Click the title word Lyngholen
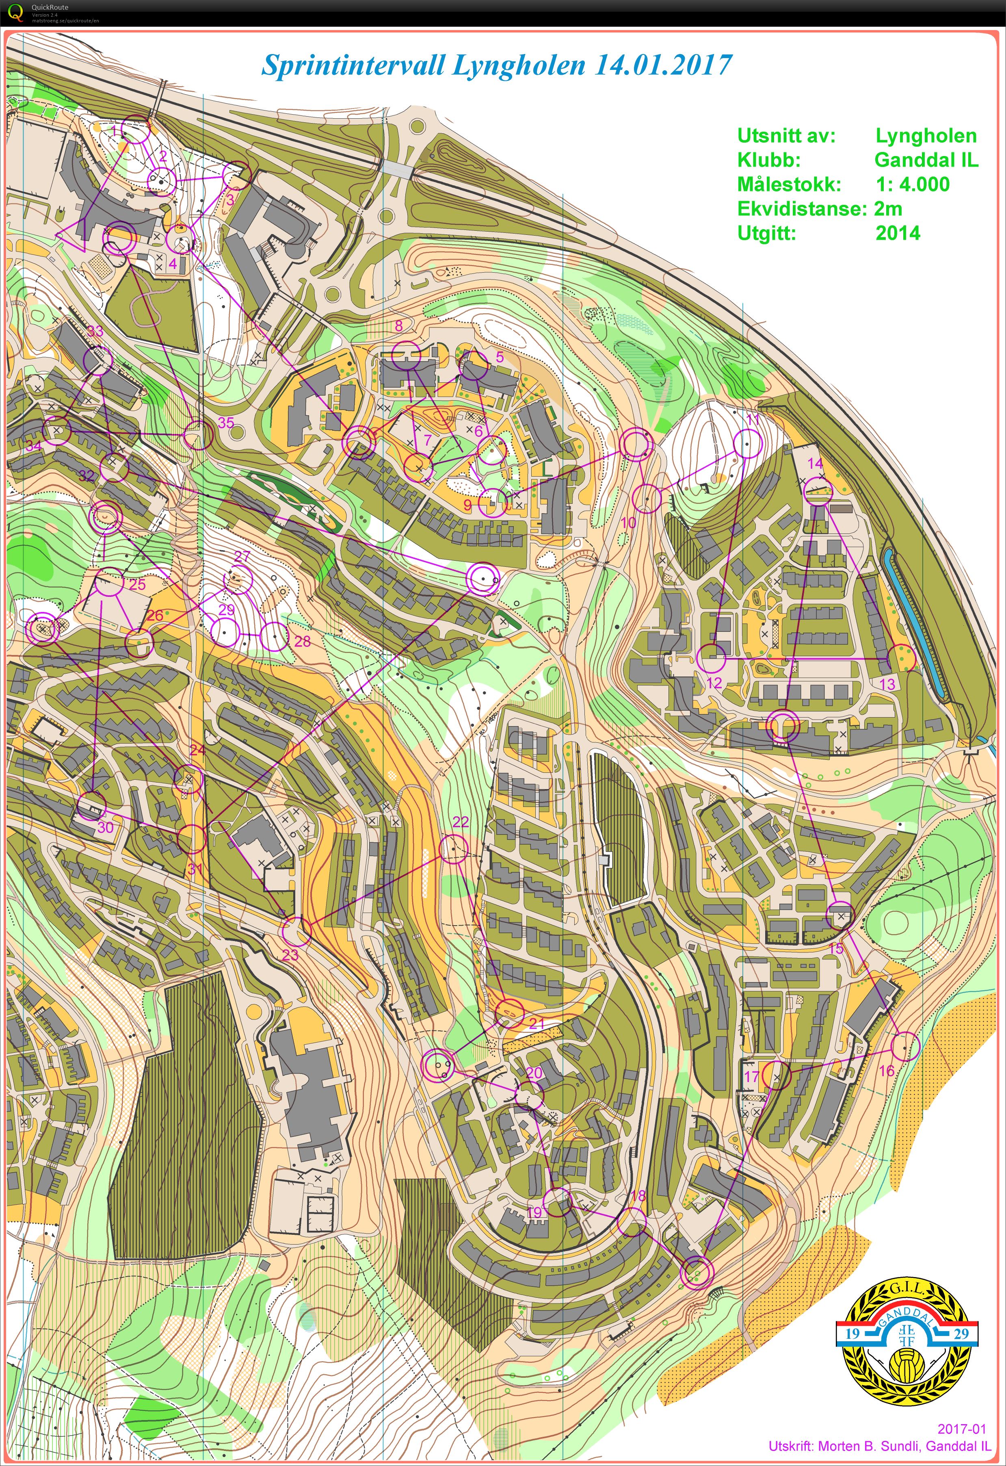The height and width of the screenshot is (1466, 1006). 519,65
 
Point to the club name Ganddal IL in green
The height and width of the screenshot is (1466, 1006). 925,160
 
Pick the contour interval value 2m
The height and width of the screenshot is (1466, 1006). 887,209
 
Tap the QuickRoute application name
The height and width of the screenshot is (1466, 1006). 50,7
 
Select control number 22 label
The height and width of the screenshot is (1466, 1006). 461,821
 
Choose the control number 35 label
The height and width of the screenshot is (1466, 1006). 225,423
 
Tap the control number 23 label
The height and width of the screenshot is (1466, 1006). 290,955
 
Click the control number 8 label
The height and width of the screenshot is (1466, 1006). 398,326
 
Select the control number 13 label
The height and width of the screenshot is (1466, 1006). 887,684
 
